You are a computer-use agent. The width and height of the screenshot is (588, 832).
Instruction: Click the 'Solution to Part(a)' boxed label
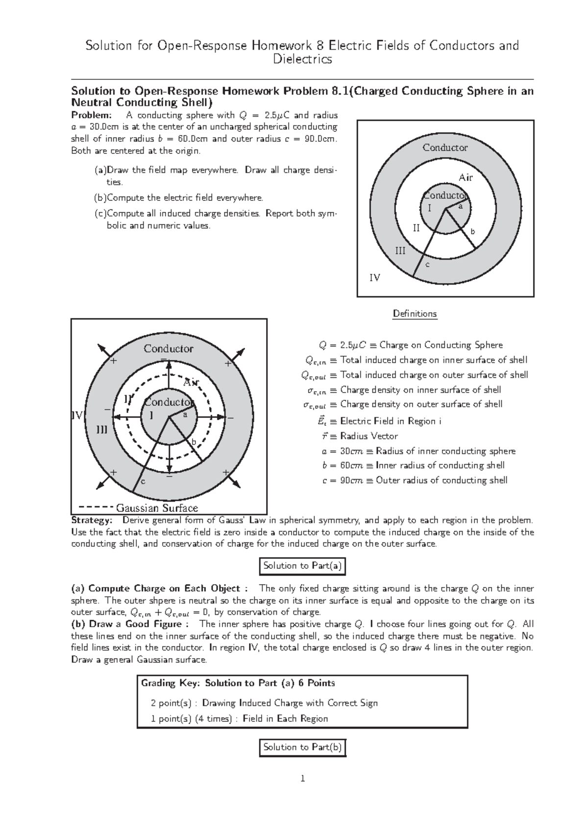point(302,566)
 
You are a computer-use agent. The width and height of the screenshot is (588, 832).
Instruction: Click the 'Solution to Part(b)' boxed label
point(302,747)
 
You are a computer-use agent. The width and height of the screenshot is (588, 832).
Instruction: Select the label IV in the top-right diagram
point(375,278)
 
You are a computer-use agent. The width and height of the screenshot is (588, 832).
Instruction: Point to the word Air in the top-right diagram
point(465,177)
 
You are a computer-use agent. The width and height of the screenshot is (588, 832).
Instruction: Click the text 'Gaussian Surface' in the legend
point(157,508)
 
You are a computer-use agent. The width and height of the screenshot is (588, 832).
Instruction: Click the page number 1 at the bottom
point(302,779)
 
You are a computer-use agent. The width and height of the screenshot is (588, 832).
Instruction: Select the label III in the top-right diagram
point(400,251)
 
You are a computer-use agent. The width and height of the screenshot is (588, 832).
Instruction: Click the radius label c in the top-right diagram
point(427,265)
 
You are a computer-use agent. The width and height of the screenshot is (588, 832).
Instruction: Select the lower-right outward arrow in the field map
point(235,483)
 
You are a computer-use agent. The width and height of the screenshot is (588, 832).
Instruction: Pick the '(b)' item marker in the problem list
point(100,198)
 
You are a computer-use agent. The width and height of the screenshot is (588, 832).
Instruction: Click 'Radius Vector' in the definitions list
point(369,436)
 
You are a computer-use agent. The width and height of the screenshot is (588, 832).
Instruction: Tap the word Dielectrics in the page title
point(302,59)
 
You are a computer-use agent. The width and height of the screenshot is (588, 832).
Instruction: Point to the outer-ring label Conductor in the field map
point(168,349)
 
